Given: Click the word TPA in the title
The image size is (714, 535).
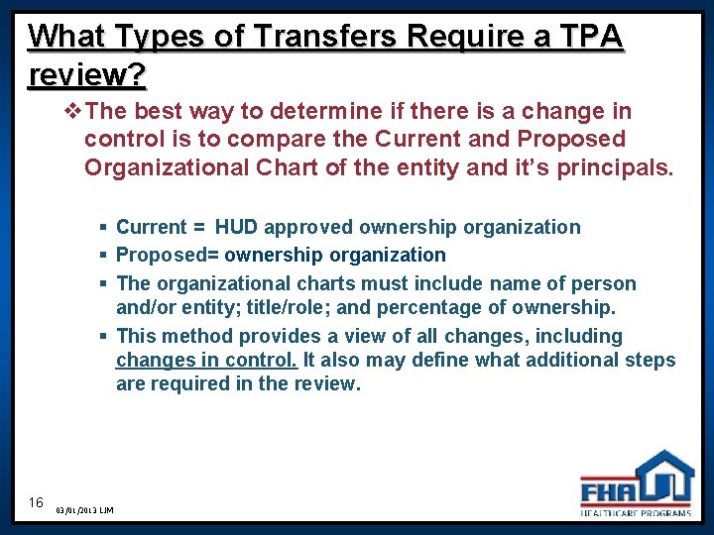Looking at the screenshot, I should tap(590, 37).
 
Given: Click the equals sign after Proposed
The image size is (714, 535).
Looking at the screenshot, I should tap(212, 256).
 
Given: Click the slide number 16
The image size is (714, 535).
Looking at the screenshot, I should tap(37, 502).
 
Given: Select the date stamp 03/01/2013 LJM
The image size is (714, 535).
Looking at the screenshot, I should tap(85, 510).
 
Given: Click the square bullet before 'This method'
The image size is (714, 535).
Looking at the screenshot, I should tap(104, 337).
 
